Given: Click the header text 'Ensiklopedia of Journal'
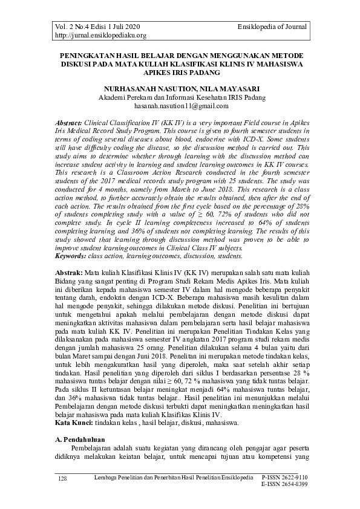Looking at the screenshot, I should click(x=273, y=27).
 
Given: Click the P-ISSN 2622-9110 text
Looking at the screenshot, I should click(x=284, y=478).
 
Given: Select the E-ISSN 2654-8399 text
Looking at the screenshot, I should click(x=284, y=485).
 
